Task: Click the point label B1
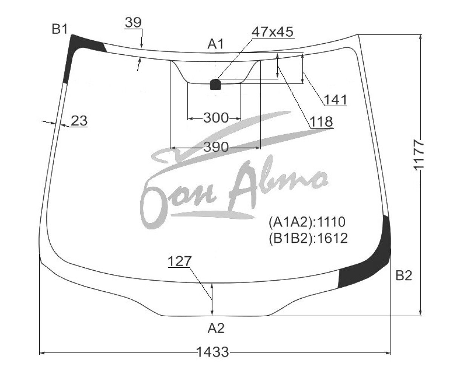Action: click(60, 29)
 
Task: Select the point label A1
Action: click(215, 44)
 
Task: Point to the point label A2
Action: click(216, 328)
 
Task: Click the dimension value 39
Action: click(133, 22)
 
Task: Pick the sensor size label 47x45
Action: click(272, 32)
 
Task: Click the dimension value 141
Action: click(335, 100)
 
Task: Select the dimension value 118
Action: click(321, 121)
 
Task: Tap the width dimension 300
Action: click(216, 118)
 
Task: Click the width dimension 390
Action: click(216, 147)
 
